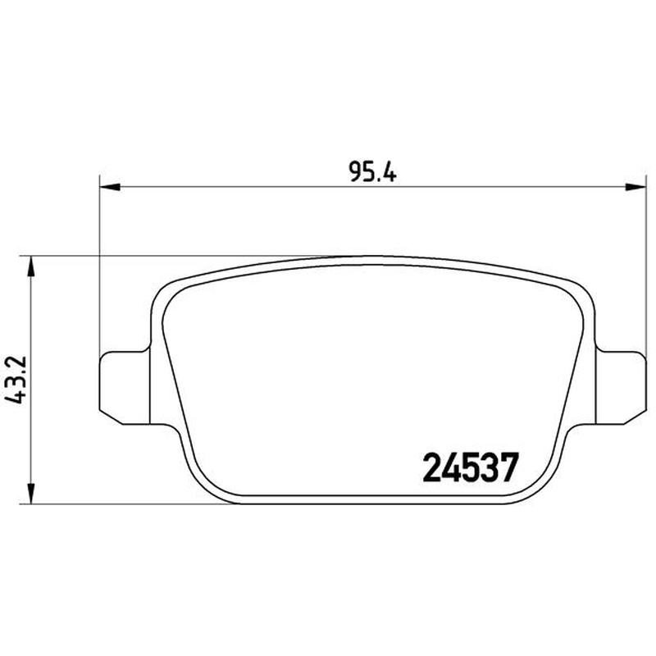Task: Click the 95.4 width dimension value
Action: coord(372,171)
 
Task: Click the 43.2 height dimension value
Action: coord(16,380)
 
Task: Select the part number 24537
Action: coord(470,467)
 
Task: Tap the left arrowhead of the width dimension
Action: coord(110,187)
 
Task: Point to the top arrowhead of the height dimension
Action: coord(30,266)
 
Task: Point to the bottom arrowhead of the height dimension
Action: coord(30,494)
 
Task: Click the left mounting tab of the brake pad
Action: coord(125,388)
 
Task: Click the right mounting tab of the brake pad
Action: coord(621,388)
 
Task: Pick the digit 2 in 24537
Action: coord(432,467)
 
